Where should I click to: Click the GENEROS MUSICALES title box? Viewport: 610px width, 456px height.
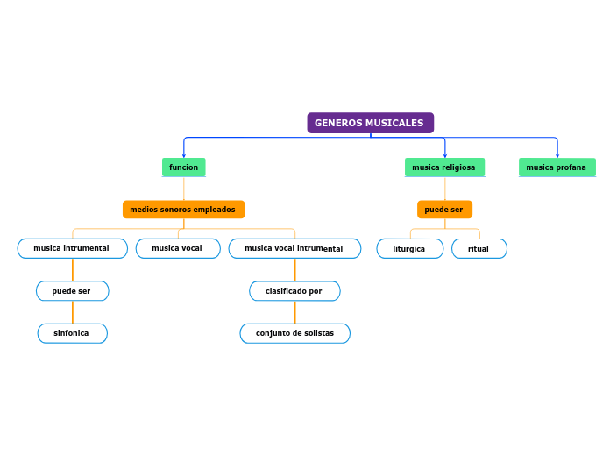tap(370, 123)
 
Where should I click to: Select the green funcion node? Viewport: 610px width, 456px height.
tap(184, 167)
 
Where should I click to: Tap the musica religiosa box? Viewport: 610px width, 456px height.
tap(444, 167)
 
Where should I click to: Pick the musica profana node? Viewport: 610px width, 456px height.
tap(557, 167)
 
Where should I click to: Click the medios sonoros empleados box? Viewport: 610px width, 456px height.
tap(183, 210)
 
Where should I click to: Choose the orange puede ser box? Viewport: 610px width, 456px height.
tap(444, 210)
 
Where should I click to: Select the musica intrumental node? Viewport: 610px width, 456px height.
tap(72, 248)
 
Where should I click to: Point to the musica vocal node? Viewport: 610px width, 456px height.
tap(177, 248)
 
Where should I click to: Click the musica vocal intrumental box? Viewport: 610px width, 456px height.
tap(294, 248)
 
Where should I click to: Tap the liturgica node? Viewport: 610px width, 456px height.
tap(409, 249)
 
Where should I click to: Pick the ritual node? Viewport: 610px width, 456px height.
tap(479, 249)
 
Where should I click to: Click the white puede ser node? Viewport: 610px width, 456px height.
tap(72, 290)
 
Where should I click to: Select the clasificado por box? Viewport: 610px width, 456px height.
tap(294, 290)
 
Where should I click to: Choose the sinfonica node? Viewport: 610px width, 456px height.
tap(72, 333)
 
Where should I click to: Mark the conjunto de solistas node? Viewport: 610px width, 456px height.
tap(294, 333)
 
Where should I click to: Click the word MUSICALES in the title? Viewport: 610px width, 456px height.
tap(394, 123)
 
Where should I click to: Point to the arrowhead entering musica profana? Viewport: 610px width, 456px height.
tap(557, 155)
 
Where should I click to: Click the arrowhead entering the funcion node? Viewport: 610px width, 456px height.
tap(184, 155)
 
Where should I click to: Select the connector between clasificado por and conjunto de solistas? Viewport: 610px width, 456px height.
tap(294, 312)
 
